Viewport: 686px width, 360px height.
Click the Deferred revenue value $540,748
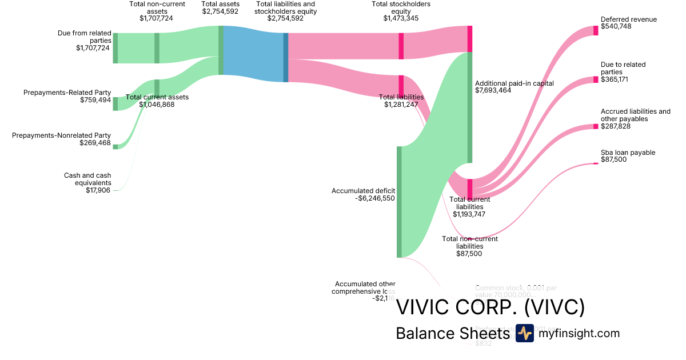point(616,26)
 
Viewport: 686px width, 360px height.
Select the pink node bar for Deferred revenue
point(596,31)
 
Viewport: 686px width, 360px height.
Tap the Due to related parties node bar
point(596,79)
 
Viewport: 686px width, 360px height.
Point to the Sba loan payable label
point(628,153)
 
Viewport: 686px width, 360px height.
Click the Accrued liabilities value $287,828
point(616,126)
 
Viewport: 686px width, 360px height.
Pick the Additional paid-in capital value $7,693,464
point(498,90)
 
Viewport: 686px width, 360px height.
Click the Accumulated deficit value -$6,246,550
point(374,198)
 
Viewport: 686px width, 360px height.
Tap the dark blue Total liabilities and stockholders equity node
point(286,57)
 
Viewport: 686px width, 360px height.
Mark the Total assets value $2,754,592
point(220,11)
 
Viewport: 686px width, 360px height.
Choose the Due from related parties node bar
point(115,48)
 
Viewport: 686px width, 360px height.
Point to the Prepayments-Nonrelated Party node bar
point(115,147)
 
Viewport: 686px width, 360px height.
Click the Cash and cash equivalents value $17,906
point(98,190)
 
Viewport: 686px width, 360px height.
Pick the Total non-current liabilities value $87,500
point(469,253)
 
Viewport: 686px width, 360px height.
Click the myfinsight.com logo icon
point(524,334)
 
